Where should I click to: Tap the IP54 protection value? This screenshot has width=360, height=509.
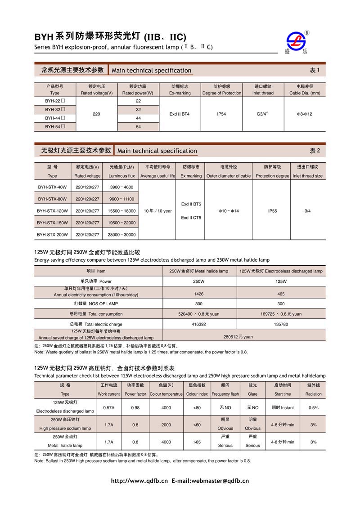221,114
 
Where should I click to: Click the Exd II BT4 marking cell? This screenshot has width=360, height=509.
180,114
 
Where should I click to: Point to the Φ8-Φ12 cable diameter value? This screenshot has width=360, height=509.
304,114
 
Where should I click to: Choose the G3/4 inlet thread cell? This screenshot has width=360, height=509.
263,114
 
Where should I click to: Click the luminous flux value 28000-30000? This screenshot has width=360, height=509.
121,235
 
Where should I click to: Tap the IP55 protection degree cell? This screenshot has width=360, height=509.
272,210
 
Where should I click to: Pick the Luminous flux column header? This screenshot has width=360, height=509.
121,176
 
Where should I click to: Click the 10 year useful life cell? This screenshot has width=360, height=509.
157,210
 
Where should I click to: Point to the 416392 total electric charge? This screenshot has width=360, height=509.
198,324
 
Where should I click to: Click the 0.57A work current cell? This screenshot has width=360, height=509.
108,408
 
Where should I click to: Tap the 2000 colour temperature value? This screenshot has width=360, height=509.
166,425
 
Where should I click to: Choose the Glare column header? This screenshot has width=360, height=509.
252,394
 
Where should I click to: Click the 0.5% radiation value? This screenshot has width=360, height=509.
313,408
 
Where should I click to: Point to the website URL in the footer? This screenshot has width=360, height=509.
139,481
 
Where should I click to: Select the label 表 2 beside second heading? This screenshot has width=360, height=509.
315,151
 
